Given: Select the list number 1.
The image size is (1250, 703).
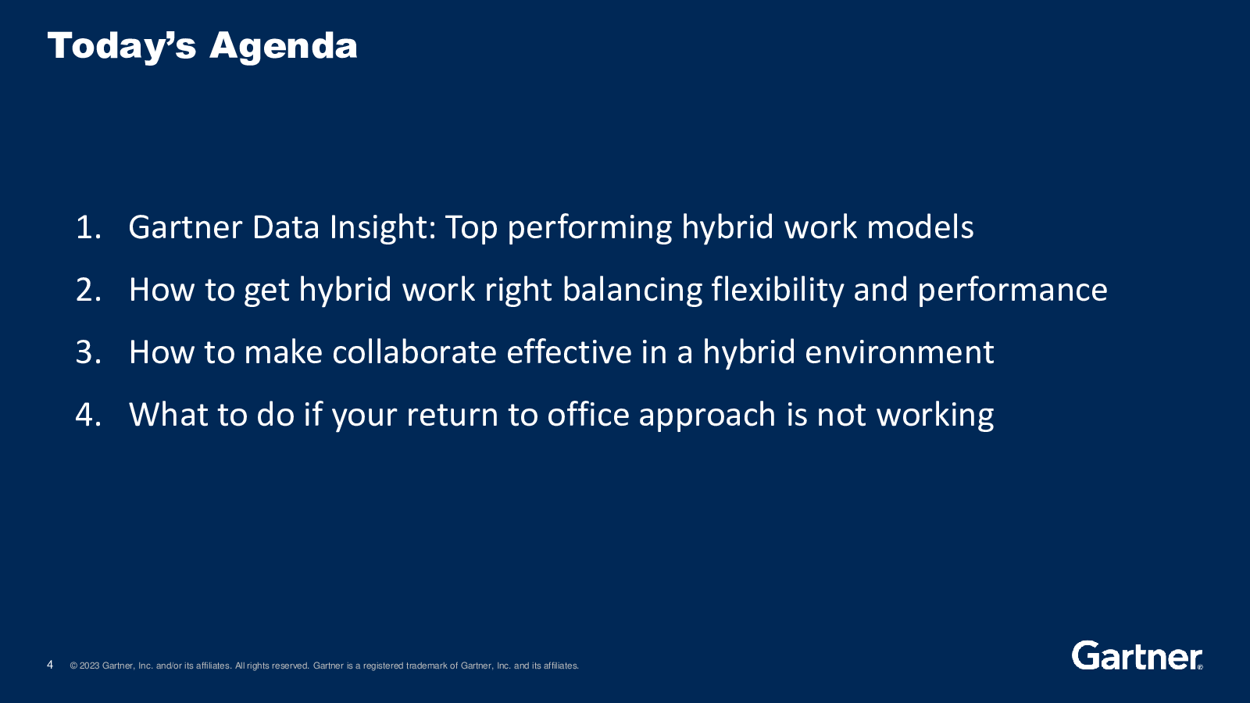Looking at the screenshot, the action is (88, 227).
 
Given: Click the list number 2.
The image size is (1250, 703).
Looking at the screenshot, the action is (88, 290).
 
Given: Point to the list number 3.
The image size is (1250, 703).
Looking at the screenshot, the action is (88, 352).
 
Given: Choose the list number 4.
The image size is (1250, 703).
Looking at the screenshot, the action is (88, 415).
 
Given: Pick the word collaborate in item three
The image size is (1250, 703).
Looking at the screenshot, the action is (414, 352).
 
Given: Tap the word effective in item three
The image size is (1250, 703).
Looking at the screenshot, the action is (569, 352).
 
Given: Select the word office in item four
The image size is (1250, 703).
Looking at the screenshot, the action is (588, 415).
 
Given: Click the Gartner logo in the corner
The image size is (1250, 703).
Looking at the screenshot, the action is (1137, 655).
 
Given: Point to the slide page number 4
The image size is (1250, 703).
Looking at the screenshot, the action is (50, 665).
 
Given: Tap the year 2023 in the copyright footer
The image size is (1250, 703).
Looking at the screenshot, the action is (89, 666).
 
